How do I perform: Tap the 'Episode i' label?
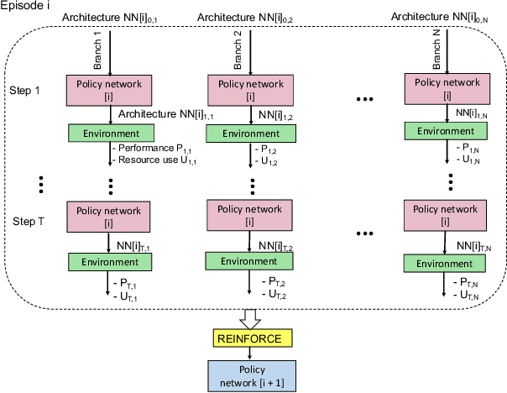(x=26, y=8)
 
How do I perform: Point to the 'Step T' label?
(x=26, y=220)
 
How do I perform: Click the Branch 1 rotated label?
(x=97, y=53)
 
